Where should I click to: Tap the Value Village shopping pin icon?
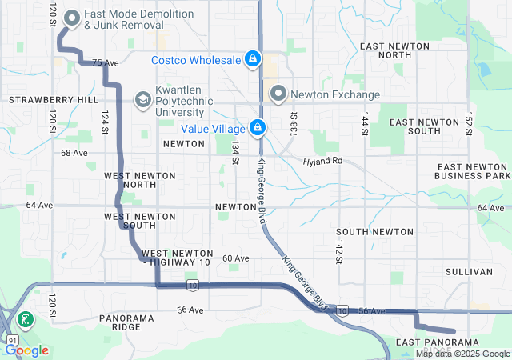[258, 127]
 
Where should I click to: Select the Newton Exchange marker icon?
[278, 94]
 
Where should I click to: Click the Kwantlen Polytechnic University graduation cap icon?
[142, 99]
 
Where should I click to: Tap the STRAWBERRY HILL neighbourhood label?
[52, 100]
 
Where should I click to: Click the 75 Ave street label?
[105, 62]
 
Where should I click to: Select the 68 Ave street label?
[73, 152]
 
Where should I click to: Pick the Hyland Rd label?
[322, 161]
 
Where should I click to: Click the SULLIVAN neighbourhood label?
[468, 272]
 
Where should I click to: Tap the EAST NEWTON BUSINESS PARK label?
[472, 170]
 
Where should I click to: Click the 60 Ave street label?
[236, 258]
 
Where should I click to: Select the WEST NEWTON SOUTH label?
[129, 221]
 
